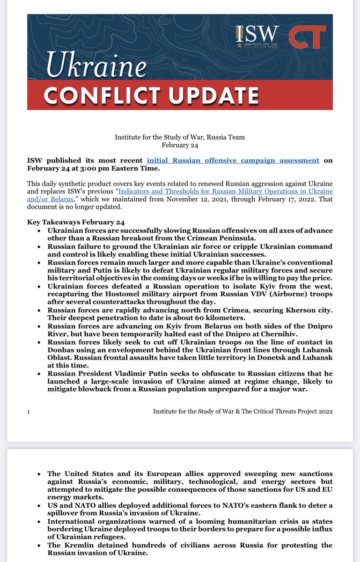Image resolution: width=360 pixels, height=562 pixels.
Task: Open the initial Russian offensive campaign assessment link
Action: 233,160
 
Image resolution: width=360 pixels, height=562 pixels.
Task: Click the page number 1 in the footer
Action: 29,411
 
